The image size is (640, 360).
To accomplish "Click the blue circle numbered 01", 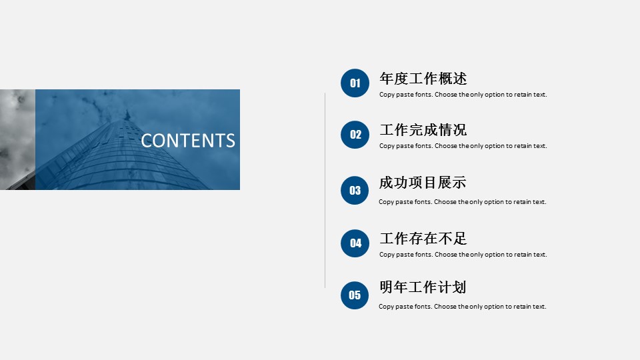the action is point(355,83).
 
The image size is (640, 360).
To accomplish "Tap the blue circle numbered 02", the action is point(355,135).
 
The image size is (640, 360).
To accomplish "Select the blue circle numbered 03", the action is point(355,190).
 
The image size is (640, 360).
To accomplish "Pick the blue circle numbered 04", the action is point(355,243).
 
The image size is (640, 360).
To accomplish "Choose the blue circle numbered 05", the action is point(355,295).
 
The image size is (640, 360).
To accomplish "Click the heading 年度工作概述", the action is point(423,79).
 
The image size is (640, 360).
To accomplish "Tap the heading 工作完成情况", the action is point(423,130).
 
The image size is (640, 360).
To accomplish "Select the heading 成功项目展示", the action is point(423,183).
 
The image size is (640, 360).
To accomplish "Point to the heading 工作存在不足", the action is point(423,239).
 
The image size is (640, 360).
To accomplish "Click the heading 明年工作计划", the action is point(423,287).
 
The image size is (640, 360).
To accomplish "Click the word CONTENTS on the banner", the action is point(188,141).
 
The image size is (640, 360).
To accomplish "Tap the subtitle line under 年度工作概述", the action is point(463,95).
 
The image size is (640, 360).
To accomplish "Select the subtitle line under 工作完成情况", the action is point(463,146).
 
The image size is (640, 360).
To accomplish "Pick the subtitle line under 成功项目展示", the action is point(463,202).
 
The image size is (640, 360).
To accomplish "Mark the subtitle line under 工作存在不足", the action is point(463,255).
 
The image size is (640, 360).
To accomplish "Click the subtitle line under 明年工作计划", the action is point(463,307).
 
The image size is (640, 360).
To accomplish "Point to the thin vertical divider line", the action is point(325,190).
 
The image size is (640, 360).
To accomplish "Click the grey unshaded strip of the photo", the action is point(17,139).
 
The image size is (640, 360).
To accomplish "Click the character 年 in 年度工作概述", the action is point(387,79).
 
